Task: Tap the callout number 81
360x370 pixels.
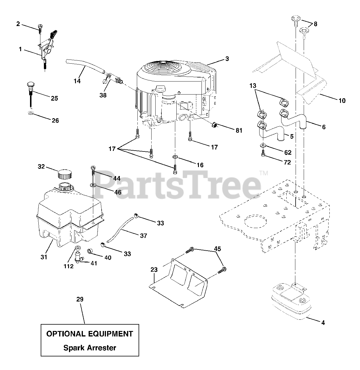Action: tap(239, 130)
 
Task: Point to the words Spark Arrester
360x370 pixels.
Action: tap(89, 348)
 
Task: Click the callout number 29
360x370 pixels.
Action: tap(80, 299)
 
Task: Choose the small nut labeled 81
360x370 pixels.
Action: tap(215, 125)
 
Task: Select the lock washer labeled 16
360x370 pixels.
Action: tap(175, 157)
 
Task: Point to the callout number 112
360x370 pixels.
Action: tap(69, 266)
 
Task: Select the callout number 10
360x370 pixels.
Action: tap(342, 101)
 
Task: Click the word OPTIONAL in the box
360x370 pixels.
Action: tap(64, 334)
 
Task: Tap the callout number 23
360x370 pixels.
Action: tap(154, 270)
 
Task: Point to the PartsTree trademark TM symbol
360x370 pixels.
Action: tap(264, 173)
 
